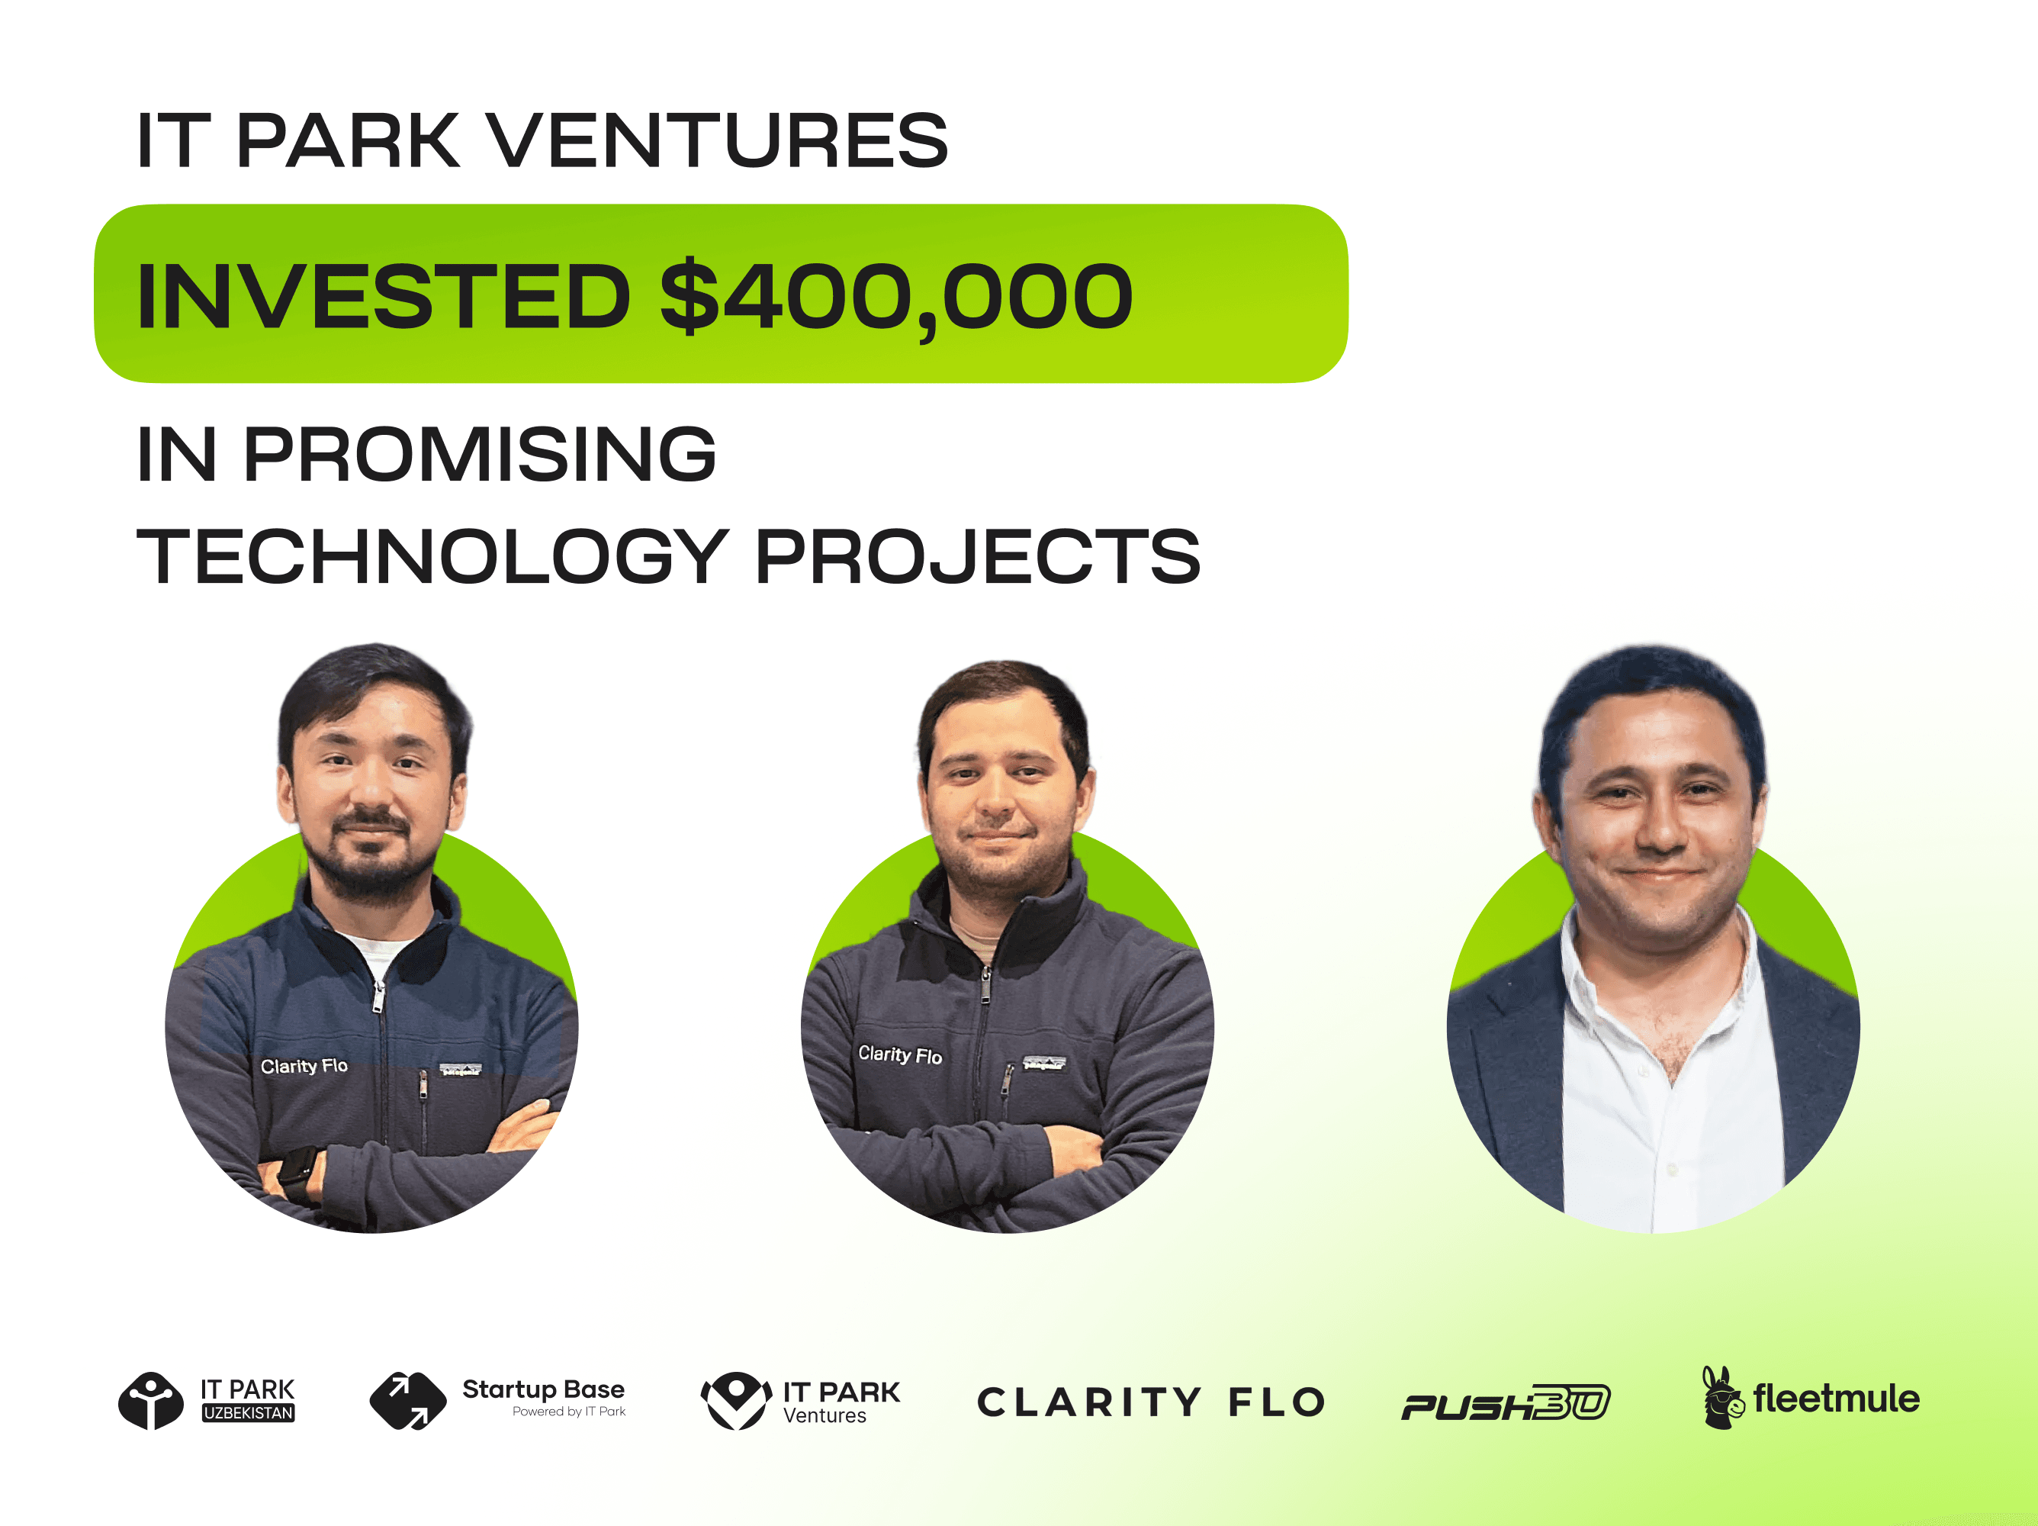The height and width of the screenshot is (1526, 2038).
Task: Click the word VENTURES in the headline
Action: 717,140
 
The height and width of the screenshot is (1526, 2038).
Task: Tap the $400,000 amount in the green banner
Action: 895,297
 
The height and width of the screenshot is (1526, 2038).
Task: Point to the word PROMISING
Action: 479,454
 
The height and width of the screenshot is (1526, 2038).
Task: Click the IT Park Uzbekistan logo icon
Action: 151,1401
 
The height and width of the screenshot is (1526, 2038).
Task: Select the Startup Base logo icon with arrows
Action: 407,1401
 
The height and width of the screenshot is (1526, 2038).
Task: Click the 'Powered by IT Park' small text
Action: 568,1412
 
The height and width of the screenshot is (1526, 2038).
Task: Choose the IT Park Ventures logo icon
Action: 736,1401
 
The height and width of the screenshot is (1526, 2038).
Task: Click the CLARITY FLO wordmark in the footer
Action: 1151,1402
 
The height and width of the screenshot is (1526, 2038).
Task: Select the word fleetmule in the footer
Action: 1836,1399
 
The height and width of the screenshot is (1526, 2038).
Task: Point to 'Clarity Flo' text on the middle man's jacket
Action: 900,1054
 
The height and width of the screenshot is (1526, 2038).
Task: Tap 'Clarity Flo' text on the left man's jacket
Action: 304,1066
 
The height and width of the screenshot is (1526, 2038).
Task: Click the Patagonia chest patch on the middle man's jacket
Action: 1044,1064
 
